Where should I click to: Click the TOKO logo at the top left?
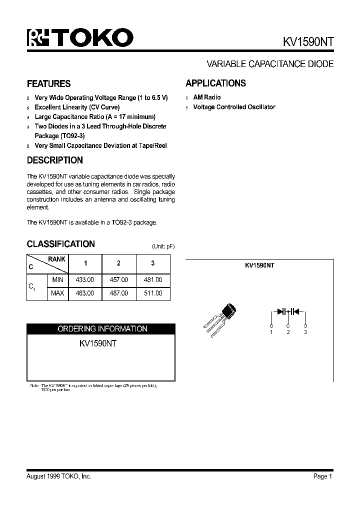[80, 37]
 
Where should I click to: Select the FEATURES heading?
[48, 83]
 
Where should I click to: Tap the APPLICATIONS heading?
[215, 83]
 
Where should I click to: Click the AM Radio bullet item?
[206, 97]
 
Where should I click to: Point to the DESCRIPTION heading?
[54, 160]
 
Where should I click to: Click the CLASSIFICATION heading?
[60, 244]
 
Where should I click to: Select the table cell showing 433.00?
[84, 280]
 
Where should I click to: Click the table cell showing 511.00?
[153, 293]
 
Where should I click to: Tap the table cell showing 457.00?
[118, 280]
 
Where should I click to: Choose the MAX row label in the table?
[57, 293]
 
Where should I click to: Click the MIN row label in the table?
[57, 280]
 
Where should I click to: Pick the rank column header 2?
[118, 263]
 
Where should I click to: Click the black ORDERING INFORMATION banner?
[102, 329]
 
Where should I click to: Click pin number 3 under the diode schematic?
[305, 332]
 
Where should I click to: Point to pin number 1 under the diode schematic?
[271, 332]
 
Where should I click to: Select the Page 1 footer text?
[322, 476]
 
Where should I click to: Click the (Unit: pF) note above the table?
[163, 246]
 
